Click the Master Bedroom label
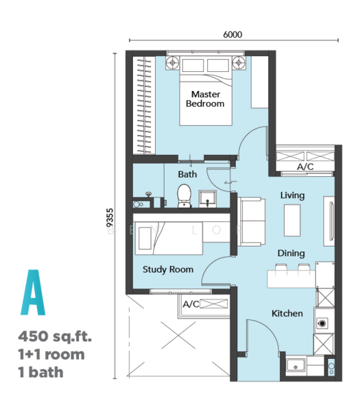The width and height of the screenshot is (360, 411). [205, 99]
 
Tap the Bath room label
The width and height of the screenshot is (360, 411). [187, 174]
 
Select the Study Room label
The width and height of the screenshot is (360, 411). [168, 269]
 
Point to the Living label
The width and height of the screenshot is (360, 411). [292, 195]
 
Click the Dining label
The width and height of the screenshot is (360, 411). [291, 253]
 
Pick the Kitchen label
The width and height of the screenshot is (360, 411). [287, 313]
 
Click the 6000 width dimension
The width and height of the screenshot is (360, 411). [232, 35]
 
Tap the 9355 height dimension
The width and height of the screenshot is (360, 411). [110, 218]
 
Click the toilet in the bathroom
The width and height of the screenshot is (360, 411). [184, 196]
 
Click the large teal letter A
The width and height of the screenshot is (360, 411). [33, 292]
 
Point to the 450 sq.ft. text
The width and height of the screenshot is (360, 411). [55, 336]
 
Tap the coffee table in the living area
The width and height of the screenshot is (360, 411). [292, 221]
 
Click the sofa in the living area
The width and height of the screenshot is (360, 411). [251, 222]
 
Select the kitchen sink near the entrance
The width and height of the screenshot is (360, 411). [296, 365]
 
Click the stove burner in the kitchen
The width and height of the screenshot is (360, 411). [322, 323]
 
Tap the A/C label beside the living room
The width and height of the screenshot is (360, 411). [305, 166]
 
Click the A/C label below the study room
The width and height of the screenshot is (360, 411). [191, 304]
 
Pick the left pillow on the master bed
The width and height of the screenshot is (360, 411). [193, 65]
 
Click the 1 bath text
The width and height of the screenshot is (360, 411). [41, 372]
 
